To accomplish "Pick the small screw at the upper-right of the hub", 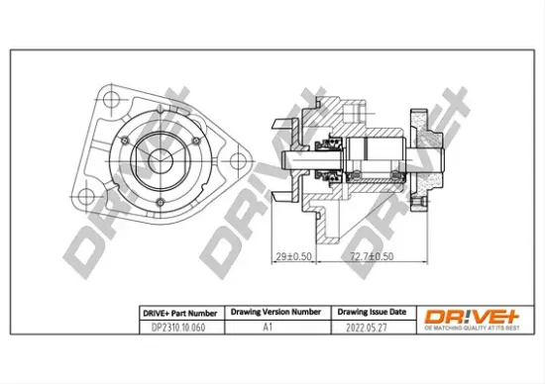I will [x=194, y=139].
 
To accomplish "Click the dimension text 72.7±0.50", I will [x=372, y=256].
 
